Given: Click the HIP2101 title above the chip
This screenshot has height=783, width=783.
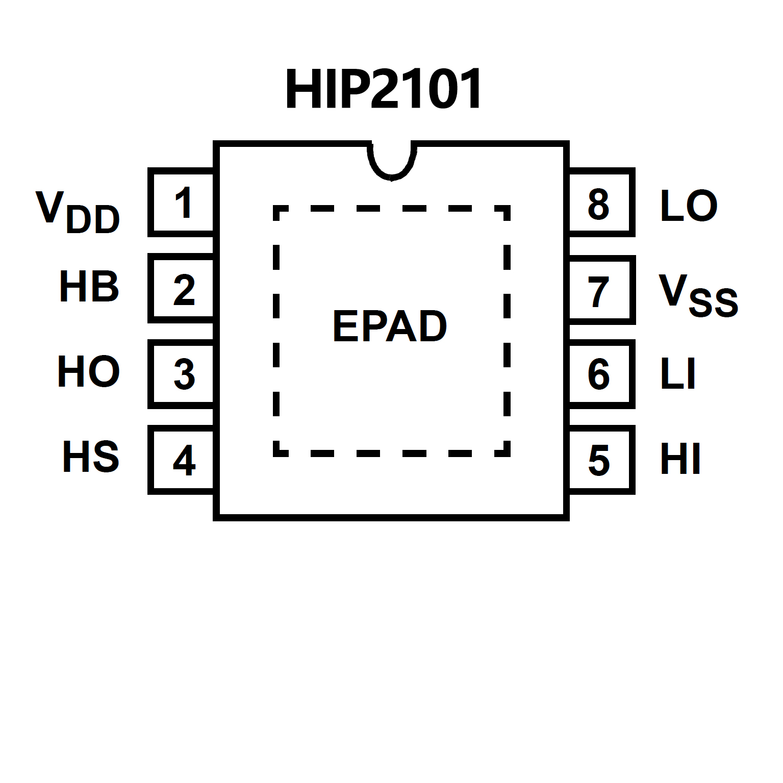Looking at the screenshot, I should (x=383, y=90).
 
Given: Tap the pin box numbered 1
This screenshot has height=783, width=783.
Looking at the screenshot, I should (x=182, y=203).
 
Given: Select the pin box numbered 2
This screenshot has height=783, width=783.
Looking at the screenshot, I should (x=182, y=289).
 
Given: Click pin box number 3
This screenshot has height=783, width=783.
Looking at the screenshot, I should (x=182, y=374).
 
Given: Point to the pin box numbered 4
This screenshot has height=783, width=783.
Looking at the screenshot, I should (x=182, y=460).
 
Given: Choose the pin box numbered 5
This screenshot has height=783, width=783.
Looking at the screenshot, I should (x=600, y=460).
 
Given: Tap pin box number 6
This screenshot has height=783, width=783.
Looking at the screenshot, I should (x=600, y=374).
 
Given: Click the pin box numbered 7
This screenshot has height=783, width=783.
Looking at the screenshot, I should (x=600, y=290).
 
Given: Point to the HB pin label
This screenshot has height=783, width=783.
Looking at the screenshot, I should (x=89, y=287).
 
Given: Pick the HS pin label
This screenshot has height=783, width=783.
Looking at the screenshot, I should (x=90, y=457).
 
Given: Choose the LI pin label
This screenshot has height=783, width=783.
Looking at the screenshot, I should (x=678, y=374).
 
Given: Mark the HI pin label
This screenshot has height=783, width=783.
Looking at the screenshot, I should (x=680, y=460).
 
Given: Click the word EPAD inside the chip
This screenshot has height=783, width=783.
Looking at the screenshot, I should (x=390, y=326).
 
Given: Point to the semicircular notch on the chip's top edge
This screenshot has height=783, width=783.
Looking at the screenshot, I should (x=391, y=161).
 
